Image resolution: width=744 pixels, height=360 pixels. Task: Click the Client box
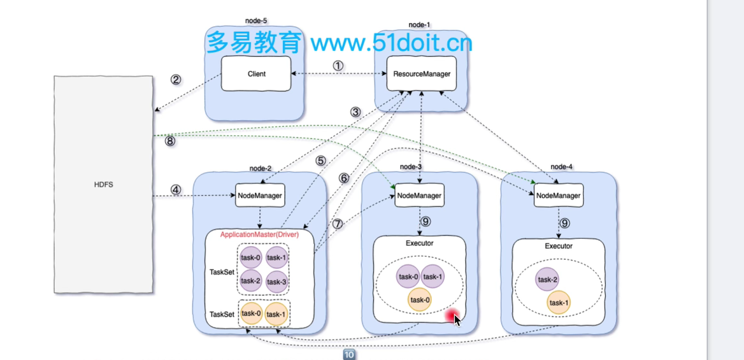(256, 74)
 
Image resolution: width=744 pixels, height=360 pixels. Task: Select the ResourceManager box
(421, 74)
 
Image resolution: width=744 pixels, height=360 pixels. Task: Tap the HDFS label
(103, 185)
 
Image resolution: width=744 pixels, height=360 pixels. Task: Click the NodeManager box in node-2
(260, 195)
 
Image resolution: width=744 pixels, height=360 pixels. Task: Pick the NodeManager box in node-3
(419, 195)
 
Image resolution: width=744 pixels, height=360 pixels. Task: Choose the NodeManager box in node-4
(559, 195)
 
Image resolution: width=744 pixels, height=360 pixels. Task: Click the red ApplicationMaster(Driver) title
(259, 234)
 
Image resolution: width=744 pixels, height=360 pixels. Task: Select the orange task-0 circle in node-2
(251, 313)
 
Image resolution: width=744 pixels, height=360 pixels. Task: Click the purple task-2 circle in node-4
(547, 279)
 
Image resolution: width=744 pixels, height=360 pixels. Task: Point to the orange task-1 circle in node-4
(559, 303)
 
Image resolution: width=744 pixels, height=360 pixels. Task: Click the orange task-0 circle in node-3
(420, 299)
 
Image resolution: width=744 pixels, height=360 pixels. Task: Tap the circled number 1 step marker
(338, 66)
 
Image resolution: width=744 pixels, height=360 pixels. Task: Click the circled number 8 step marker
(170, 141)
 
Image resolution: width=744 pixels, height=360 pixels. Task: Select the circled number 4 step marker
(176, 189)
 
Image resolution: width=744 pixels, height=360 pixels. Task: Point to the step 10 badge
(349, 354)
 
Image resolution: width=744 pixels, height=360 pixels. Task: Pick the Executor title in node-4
(559, 246)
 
